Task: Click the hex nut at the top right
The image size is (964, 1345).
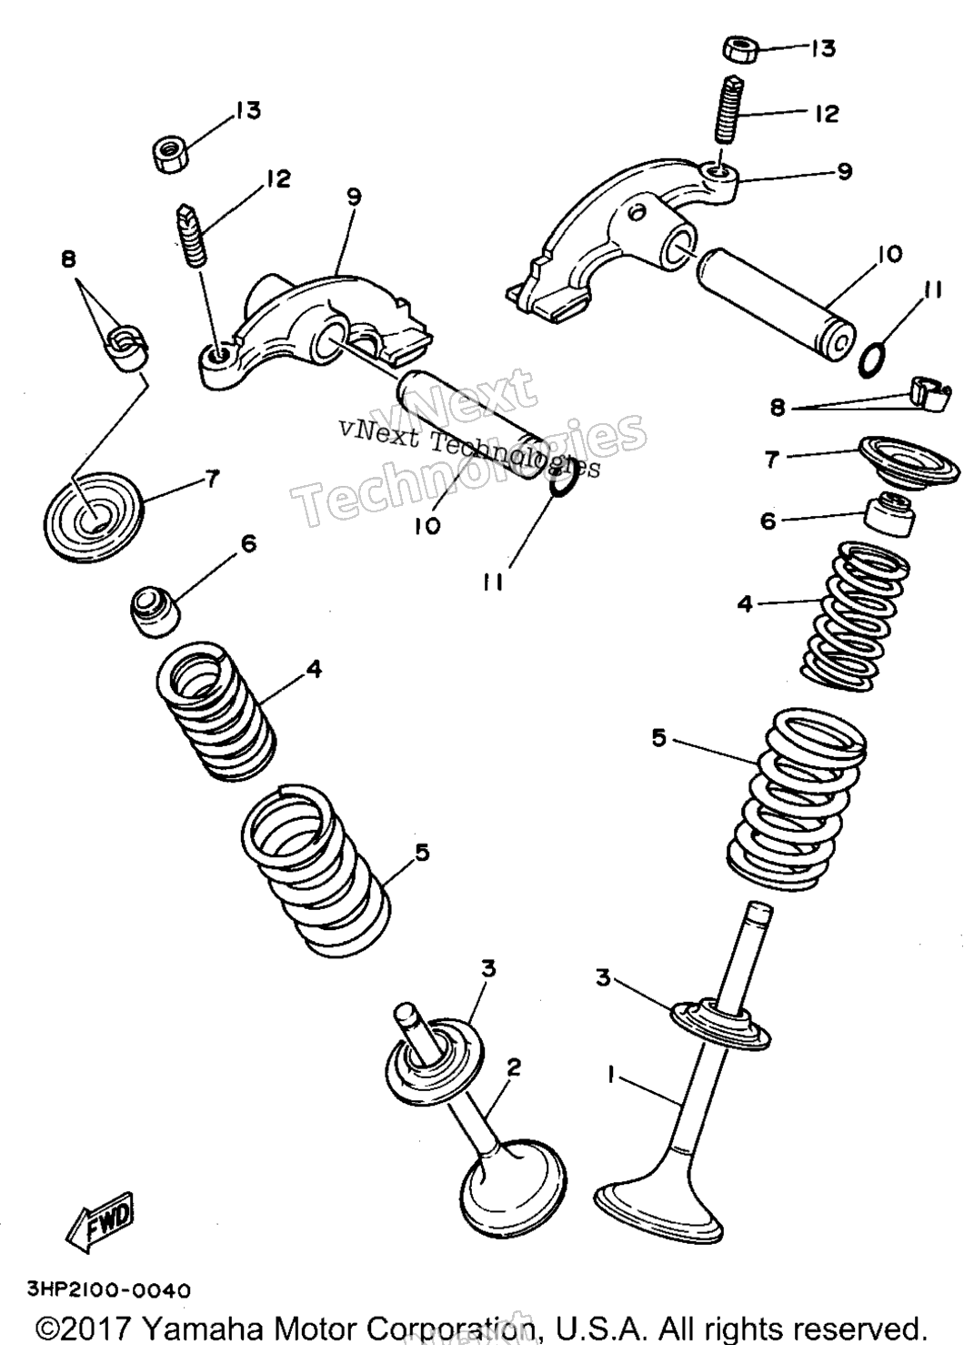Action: (x=740, y=48)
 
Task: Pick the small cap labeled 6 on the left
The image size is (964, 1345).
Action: (x=156, y=612)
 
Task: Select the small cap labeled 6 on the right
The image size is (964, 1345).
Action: (x=888, y=514)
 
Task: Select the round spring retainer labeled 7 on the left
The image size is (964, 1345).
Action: (x=95, y=516)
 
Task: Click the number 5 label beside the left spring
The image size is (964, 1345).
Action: (x=422, y=852)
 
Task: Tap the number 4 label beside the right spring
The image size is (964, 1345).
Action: (x=745, y=602)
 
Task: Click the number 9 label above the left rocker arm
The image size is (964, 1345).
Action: (x=354, y=197)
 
